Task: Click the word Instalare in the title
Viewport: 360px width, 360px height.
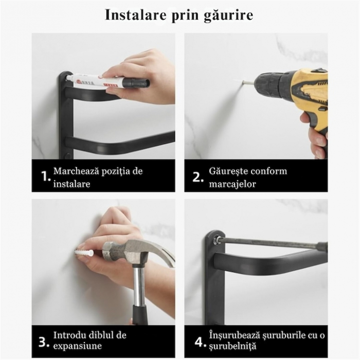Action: coord(136,15)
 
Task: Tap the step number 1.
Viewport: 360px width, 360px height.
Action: coord(45,176)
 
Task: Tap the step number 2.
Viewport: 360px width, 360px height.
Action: coord(198,177)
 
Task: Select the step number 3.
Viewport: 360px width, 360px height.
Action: coord(44,341)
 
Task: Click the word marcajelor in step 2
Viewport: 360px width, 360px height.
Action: coord(232,184)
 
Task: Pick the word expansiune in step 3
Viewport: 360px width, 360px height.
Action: coord(77,346)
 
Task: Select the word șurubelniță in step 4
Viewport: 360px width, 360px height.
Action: coord(232,346)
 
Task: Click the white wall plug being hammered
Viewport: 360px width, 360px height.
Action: coord(84,253)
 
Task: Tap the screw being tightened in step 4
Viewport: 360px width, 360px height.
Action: coord(216,240)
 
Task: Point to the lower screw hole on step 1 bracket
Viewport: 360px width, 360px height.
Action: coord(67,156)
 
